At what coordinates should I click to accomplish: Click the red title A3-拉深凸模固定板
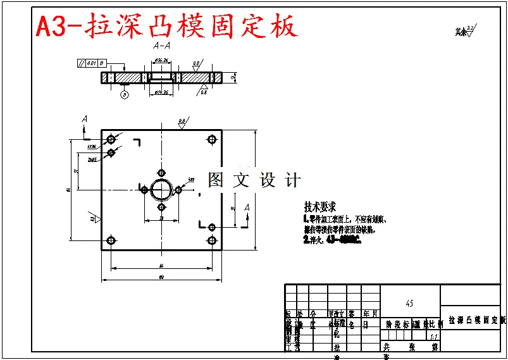166,27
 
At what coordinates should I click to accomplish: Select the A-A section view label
161,46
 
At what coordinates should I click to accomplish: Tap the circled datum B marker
125,95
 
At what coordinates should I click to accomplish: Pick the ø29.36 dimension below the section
161,92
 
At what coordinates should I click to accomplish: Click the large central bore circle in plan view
161,189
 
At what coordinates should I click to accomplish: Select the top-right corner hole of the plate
212,139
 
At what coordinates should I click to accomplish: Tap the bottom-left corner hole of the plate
111,240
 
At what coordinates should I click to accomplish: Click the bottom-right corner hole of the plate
212,240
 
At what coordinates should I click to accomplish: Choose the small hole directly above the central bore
161,173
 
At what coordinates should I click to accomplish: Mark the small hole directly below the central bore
161,206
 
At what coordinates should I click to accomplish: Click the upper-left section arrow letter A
85,120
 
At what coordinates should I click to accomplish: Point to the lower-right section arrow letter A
247,208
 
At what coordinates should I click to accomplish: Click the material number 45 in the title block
409,304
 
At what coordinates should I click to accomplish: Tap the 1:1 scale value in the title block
433,336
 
